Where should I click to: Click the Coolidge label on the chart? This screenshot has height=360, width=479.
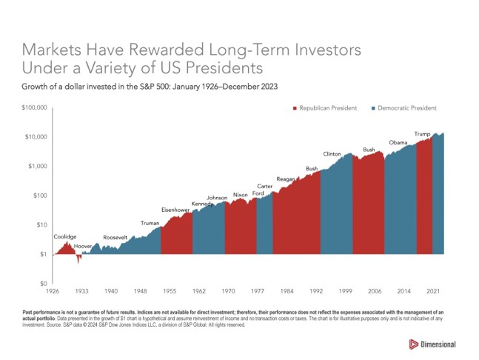click(65, 236)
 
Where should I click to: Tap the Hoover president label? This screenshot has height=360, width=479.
click(82, 244)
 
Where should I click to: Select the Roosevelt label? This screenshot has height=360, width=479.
click(115, 237)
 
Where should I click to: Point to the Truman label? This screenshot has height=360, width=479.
click(150, 223)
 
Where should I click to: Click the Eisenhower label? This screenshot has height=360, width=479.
click(175, 210)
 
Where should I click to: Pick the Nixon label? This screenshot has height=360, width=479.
click(240, 195)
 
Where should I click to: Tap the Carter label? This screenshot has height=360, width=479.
click(265, 186)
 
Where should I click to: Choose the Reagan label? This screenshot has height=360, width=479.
click(286, 179)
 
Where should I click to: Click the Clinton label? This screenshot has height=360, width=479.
click(332, 154)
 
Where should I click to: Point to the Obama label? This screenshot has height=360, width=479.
click(398, 142)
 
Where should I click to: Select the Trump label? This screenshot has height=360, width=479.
click(422, 133)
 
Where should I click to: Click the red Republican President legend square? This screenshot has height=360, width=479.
click(295, 108)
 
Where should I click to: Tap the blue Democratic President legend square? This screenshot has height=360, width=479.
click(372, 108)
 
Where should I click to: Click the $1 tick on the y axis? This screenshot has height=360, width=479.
click(43, 254)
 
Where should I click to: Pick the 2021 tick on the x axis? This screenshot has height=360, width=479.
click(435, 291)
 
